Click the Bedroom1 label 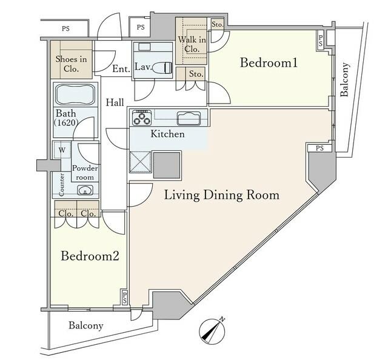click(269, 62)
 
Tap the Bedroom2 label click(90, 256)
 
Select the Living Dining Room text click(222, 195)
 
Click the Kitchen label click(168, 134)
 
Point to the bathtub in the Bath click(75, 95)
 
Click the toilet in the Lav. click(162, 68)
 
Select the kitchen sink click(189, 118)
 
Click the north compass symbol click(212, 331)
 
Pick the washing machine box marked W click(62, 150)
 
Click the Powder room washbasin click(85, 190)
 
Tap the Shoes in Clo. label click(72, 64)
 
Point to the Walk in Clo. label click(192, 44)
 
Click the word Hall click(115, 102)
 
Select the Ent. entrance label click(121, 68)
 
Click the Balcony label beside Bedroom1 click(344, 79)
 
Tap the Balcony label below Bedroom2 click(86, 325)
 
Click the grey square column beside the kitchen click(167, 165)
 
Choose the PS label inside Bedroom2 click(125, 297)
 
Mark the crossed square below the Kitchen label click(140, 162)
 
